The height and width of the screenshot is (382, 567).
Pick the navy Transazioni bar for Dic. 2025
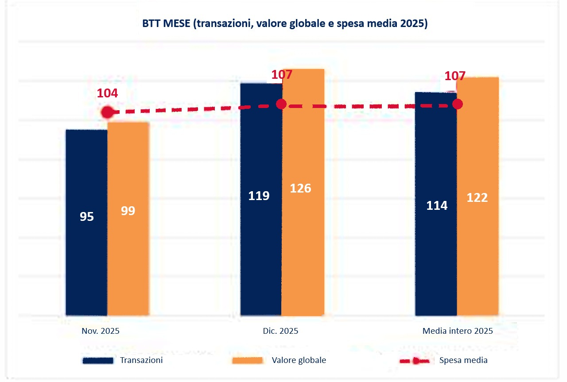[x=261, y=199]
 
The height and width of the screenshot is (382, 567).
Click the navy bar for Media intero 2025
[x=436, y=204]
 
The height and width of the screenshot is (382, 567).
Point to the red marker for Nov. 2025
[x=107, y=112]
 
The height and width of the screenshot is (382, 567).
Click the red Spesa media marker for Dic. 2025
[x=281, y=104]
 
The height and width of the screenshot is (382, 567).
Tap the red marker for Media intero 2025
[x=458, y=104]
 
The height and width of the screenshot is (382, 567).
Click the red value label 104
[x=108, y=93]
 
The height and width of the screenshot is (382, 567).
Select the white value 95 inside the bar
[x=86, y=217]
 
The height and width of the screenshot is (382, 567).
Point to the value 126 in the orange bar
[x=300, y=188]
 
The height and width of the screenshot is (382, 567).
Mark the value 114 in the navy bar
[x=437, y=206]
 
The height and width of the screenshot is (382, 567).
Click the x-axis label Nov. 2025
[x=101, y=331]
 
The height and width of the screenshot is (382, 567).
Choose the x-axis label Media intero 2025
[x=458, y=331]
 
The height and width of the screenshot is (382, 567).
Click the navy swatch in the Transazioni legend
[x=97, y=361]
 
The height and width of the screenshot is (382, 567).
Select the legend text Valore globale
[x=299, y=360]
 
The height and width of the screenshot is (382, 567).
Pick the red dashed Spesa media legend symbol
[x=415, y=361]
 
